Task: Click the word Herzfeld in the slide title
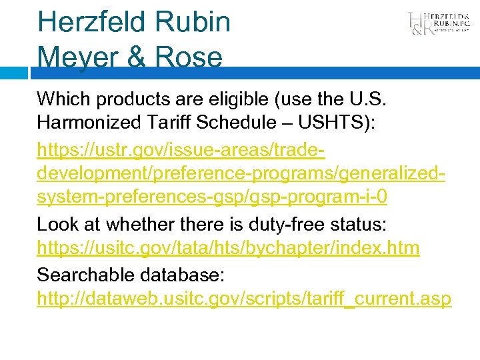[91, 21]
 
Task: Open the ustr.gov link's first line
[181, 149]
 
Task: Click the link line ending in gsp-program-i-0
[212, 199]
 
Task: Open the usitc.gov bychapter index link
[228, 249]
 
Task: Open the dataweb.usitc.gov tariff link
[244, 299]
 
